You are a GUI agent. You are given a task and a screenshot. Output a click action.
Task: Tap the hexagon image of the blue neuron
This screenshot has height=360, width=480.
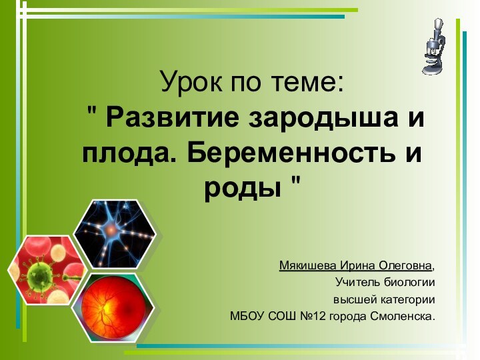pos(115,233)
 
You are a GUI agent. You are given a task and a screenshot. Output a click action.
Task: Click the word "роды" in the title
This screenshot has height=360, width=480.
pos(244,190)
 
